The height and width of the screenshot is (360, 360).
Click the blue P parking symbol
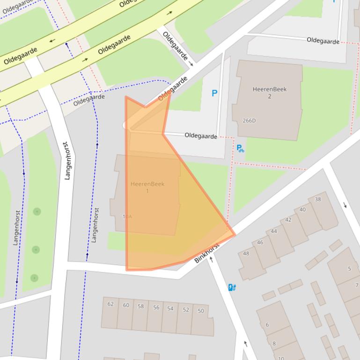coord(214,93)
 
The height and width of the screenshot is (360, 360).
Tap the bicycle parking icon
coord(240,148)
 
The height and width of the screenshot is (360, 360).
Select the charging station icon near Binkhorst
coord(231,288)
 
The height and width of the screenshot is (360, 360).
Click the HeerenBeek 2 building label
coord(269,93)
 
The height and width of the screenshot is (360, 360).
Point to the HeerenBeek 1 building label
coord(147,187)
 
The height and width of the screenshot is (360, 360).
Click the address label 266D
coord(249,121)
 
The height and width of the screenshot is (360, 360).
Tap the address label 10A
coord(127,216)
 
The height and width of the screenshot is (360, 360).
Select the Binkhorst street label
coord(206,253)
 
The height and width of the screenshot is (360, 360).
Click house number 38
coord(318,199)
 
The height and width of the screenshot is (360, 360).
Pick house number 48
coord(246,253)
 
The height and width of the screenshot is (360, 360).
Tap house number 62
coord(110,304)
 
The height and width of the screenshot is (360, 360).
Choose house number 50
coord(201,311)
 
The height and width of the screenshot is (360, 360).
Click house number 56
coord(156,308)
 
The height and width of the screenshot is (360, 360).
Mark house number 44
coord(273,231)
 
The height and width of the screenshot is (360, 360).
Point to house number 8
coord(274,344)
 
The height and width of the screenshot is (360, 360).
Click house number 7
coord(357,285)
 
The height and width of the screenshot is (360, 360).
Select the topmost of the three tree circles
coord(37,212)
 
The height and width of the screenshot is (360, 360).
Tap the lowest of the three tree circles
coord(34,278)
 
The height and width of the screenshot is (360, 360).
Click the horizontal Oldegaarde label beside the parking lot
coord(200,136)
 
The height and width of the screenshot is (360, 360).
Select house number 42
coord(288,220)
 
